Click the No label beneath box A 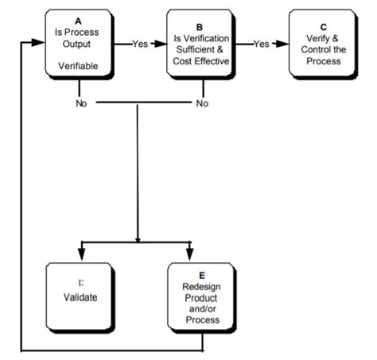(80, 103)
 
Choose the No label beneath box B (201, 103)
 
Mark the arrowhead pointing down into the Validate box (80, 254)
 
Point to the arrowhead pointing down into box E (189, 254)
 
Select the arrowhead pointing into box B (161, 45)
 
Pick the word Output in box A (77, 45)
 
